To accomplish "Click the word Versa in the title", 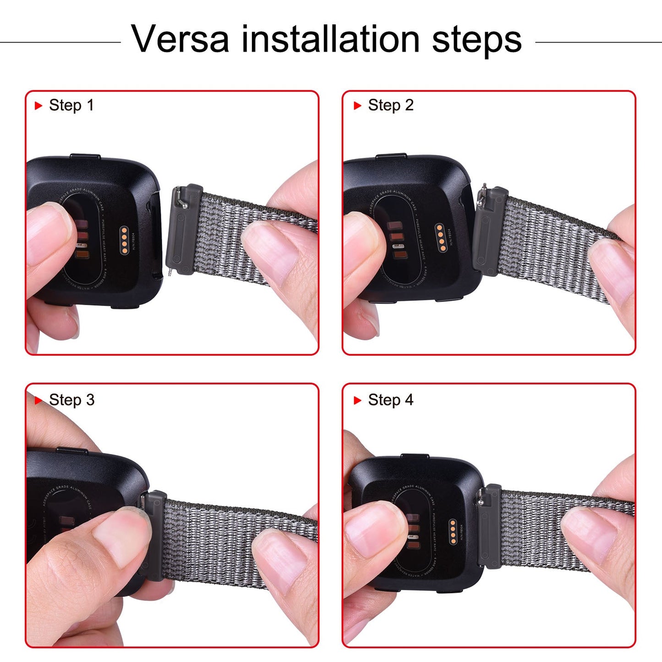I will coord(180,39).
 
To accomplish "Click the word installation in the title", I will coord(330,39).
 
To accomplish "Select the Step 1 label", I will coord(71,105).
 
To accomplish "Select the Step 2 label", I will coord(390,105).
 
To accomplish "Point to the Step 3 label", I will coord(71,400).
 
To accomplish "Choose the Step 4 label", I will coord(390,400).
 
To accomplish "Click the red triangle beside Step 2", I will coord(358,106).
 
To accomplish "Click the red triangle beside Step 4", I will coord(358,400).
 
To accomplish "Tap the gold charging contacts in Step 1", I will coord(124,239).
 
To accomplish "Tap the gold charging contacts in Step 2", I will coord(441,238).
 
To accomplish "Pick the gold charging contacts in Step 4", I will coord(453,532).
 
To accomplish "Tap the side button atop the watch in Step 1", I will coord(85,157).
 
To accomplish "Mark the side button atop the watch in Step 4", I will coord(415,456).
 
